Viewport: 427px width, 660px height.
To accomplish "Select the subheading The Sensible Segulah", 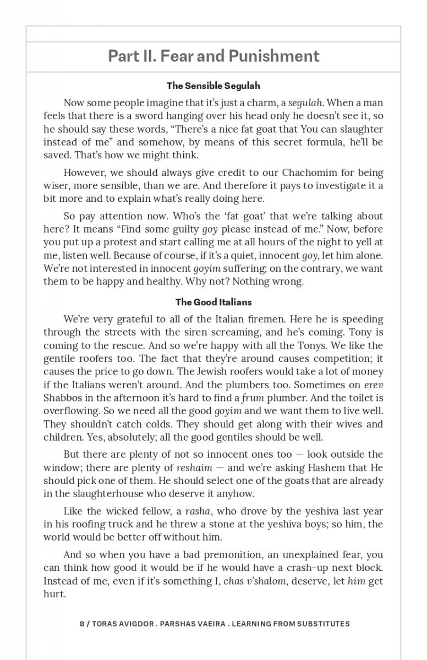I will (214, 86).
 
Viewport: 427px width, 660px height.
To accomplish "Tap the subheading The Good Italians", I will (214, 302).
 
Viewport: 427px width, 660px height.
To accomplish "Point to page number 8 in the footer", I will (82, 624).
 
